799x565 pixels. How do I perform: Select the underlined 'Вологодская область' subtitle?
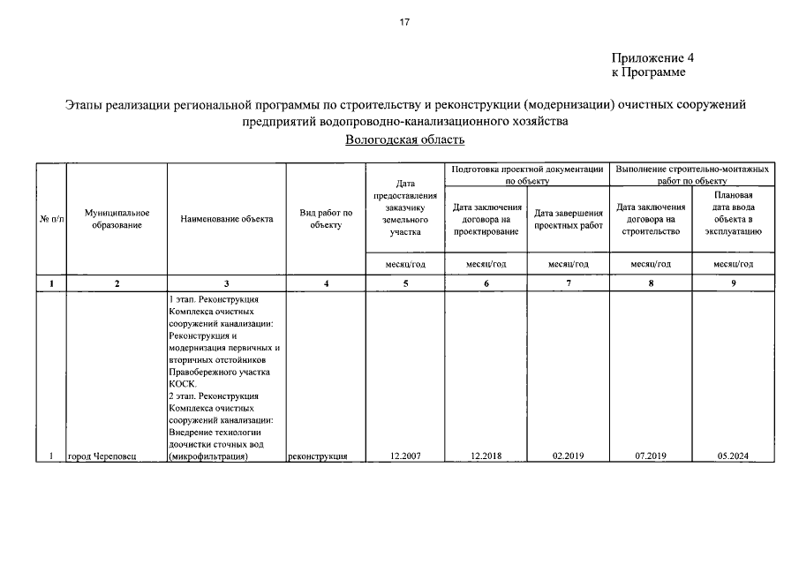point(404,139)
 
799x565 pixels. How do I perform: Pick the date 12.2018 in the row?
point(486,456)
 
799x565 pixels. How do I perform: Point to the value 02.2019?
point(568,456)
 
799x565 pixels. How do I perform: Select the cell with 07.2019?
point(651,456)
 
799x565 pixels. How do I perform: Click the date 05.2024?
point(734,456)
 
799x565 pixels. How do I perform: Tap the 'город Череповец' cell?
point(102,456)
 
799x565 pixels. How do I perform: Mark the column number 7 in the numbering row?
point(568,283)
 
